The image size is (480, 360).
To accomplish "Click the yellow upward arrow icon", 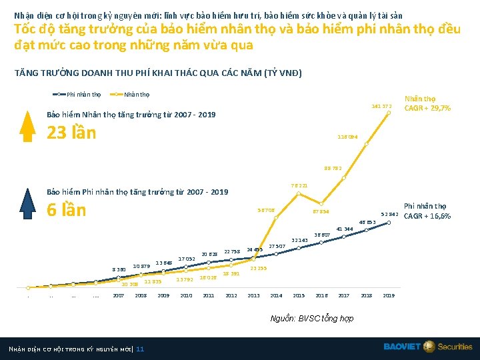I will pyautogui.click(x=26, y=125).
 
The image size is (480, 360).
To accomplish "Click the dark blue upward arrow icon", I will pyautogui.click(x=26, y=202).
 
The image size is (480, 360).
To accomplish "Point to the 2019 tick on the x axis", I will pyautogui.click(x=389, y=295).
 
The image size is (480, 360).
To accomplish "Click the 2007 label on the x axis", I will pyautogui.click(x=118, y=295).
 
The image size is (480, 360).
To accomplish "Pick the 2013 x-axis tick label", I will pyautogui.click(x=253, y=295).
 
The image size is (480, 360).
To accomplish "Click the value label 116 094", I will pyautogui.click(x=347, y=137).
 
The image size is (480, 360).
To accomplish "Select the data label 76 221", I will pyautogui.click(x=299, y=185).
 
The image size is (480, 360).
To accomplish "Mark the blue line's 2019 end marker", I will pyautogui.click(x=389, y=223).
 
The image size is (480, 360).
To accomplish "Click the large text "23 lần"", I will pyautogui.click(x=71, y=132).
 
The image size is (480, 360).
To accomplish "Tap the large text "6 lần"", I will pyautogui.click(x=66, y=210).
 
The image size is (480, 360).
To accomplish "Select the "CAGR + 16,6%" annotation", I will pyautogui.click(x=427, y=216).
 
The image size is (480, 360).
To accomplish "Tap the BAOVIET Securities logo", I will pyautogui.click(x=427, y=347).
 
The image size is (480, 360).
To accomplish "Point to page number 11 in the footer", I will pyautogui.click(x=139, y=349).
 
